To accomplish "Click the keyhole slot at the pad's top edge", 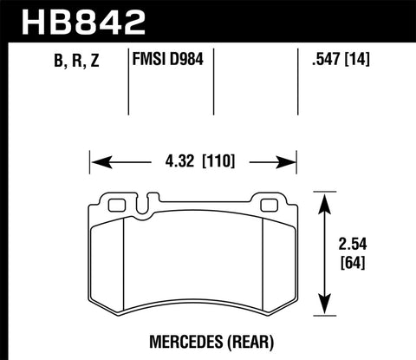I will [140, 206].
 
